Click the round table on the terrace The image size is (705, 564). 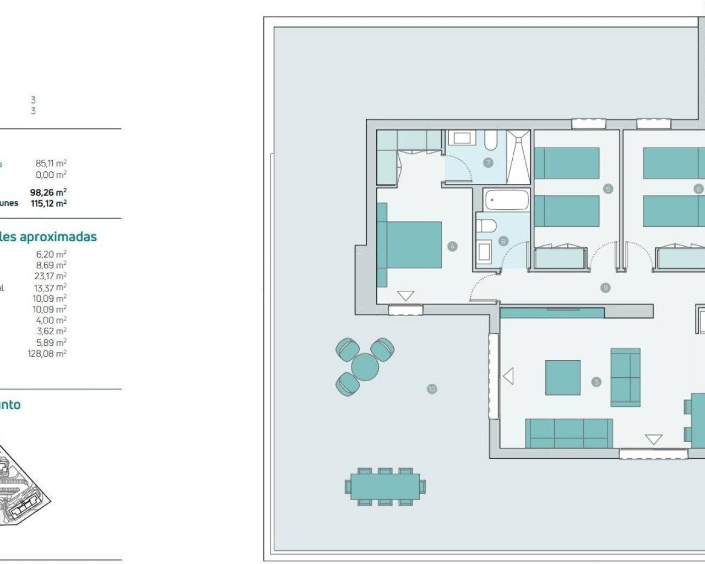pyautogui.click(x=365, y=367)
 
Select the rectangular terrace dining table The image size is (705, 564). pyautogui.click(x=385, y=487)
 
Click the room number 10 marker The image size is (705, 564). pyautogui.click(x=432, y=389)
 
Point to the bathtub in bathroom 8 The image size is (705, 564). pyautogui.click(x=506, y=200)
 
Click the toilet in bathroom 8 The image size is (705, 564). pyautogui.click(x=487, y=225)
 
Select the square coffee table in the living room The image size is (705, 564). pyautogui.click(x=562, y=378)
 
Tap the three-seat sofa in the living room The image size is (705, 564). pyautogui.click(x=568, y=432)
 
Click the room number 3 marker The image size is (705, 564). pyautogui.click(x=596, y=382)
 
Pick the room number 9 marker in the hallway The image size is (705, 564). pyautogui.click(x=605, y=288)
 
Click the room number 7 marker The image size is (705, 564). pyautogui.click(x=487, y=162)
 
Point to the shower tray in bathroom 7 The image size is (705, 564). pyautogui.click(x=518, y=157)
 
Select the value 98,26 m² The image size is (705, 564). pyautogui.click(x=48, y=192)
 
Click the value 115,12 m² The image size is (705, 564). pyautogui.click(x=48, y=203)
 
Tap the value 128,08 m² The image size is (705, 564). pyautogui.click(x=47, y=354)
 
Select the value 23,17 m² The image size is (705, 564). pyautogui.click(x=50, y=276)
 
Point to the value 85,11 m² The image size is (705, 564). pyautogui.click(x=51, y=163)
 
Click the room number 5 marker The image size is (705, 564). pyautogui.click(x=608, y=189)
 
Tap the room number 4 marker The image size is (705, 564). pyautogui.click(x=453, y=246)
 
